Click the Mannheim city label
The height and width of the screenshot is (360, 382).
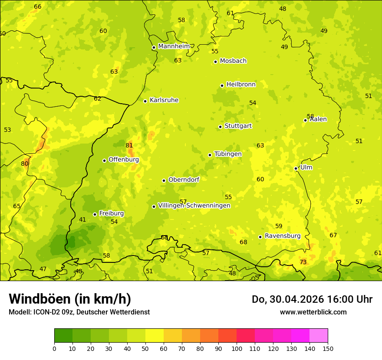pos(174,46)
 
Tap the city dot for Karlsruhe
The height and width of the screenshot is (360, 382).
pos(145,101)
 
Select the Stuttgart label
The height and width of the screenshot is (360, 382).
pos(238,126)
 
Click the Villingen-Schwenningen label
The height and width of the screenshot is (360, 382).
pos(194,206)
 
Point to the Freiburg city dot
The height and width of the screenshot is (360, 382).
pos(95,214)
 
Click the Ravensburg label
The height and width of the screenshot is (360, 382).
pos(283,236)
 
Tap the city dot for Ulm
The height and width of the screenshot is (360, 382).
pos(296,168)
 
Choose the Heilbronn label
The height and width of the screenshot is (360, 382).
pos(241,85)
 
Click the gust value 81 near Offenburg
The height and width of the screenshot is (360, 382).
pos(129,145)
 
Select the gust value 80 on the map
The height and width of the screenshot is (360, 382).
pos(25,164)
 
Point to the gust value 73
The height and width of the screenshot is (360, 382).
pos(303,262)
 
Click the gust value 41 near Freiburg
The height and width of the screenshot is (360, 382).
pos(82,220)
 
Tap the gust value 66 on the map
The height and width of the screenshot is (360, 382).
pos(38,7)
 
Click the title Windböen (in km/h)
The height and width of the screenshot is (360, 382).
pos(70,299)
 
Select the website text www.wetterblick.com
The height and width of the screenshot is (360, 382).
pos(313,312)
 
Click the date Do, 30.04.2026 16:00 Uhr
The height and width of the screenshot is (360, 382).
pos(312,299)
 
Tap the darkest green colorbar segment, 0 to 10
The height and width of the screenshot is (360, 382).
pos(63,336)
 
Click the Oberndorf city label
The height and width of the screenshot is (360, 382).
pos(184,180)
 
